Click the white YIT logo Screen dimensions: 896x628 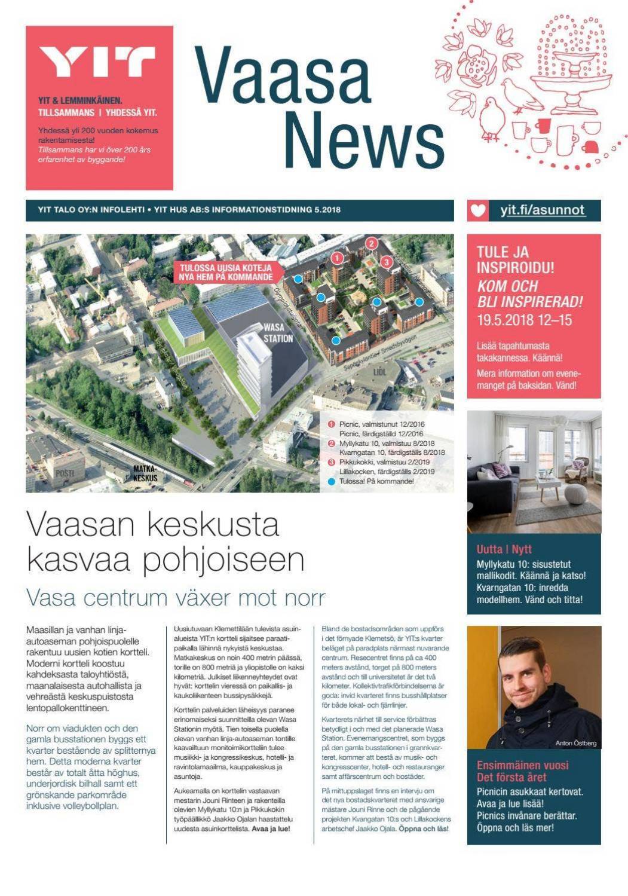point(97,62)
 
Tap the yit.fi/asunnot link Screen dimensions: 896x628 point(542,210)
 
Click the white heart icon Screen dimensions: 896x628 point(478,210)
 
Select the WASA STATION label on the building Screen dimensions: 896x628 point(278,333)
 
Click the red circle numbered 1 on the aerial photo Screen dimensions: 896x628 point(337,258)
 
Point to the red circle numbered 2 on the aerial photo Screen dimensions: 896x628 point(371,243)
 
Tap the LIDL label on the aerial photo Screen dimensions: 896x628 point(379,372)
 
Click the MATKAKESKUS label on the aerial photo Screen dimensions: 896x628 point(145,474)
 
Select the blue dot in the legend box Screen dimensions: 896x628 point(332,481)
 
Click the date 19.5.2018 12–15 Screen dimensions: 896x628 point(524,320)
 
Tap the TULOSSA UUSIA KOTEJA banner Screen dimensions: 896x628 point(225,273)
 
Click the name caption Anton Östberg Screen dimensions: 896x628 point(575,743)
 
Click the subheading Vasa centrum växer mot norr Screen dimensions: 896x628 point(176,597)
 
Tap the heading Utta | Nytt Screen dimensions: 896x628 point(504,549)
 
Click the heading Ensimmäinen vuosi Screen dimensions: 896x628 point(522,765)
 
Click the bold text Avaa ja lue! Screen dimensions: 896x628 point(271,829)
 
